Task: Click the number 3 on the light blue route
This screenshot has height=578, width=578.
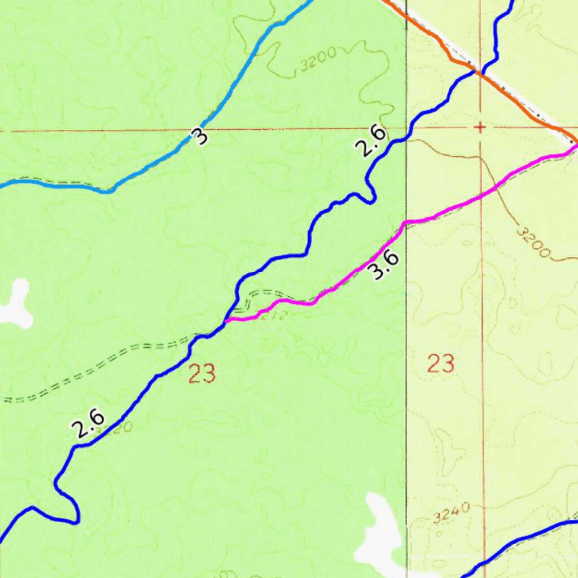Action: (199, 136)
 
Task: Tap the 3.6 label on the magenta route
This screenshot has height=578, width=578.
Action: (383, 265)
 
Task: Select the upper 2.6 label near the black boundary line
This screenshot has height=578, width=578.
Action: (371, 141)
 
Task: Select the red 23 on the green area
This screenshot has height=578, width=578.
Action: (202, 374)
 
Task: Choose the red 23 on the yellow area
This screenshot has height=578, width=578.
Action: (441, 364)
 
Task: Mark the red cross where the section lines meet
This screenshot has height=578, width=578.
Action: (480, 128)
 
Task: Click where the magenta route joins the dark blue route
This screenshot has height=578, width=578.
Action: (226, 321)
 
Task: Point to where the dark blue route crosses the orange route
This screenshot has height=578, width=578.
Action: (479, 72)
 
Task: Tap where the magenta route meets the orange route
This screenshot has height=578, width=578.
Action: (575, 144)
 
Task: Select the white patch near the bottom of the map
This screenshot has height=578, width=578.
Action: (381, 531)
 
